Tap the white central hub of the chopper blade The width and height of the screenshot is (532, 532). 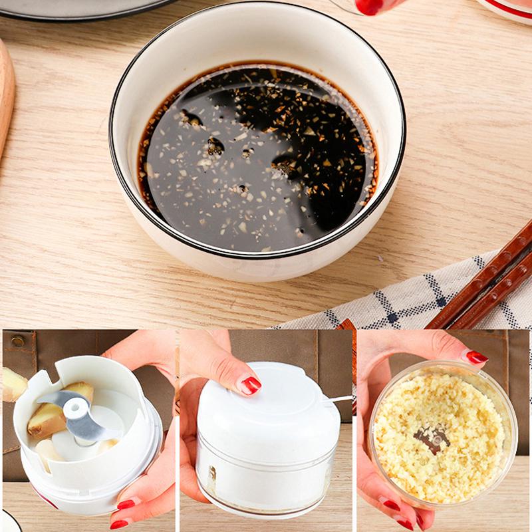tap(75, 409)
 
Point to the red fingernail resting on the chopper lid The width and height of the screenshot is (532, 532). tap(250, 385)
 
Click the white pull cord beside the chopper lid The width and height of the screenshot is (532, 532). tap(340, 399)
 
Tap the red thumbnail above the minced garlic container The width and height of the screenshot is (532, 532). tap(476, 357)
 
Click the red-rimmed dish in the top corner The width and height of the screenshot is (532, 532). tap(509, 8)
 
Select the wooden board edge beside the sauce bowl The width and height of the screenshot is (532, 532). tap(6, 93)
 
